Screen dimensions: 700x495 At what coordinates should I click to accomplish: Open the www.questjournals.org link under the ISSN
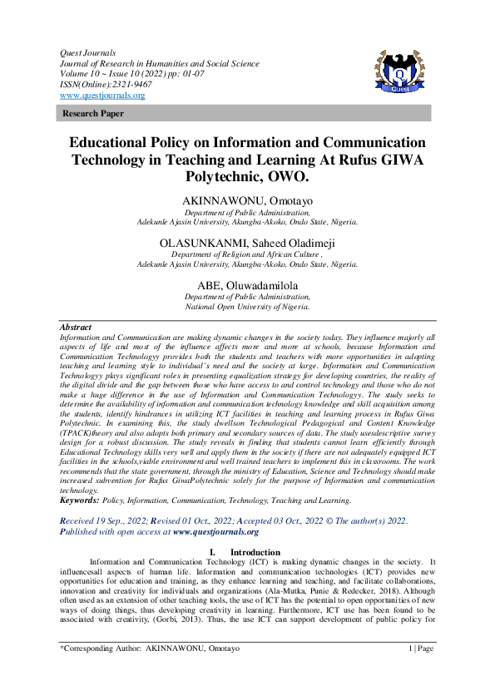coord(102,95)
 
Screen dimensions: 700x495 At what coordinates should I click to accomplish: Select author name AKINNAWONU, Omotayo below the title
coord(247,202)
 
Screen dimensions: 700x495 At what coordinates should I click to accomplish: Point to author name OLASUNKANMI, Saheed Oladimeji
coord(247,243)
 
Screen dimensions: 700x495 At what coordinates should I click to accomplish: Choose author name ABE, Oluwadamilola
coord(247,284)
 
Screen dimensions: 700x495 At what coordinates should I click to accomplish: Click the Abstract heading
coord(77,328)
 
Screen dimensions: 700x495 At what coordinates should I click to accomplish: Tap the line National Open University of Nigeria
coord(247,306)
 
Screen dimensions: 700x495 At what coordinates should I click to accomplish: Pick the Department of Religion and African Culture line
coord(247,254)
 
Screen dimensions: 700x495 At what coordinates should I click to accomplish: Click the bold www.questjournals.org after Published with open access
coord(215,531)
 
